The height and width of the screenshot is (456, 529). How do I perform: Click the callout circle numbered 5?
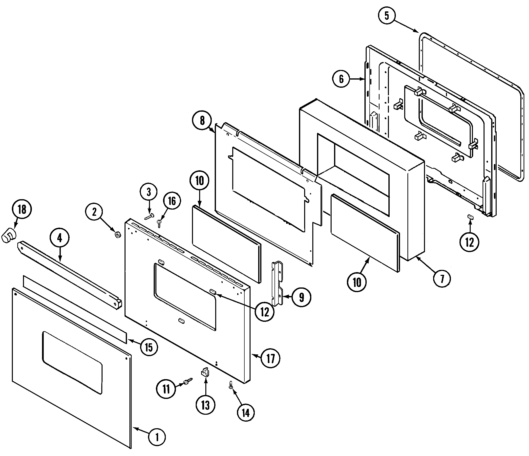pyautogui.click(x=387, y=16)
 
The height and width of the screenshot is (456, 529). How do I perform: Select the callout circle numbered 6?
pyautogui.click(x=341, y=79)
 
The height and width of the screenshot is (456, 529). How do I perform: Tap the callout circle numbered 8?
pyautogui.click(x=202, y=121)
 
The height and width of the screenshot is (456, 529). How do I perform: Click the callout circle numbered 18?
pyautogui.click(x=22, y=210)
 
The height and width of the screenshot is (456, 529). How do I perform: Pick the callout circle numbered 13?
pyautogui.click(x=206, y=405)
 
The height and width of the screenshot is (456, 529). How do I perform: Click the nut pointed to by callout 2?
pyautogui.click(x=118, y=234)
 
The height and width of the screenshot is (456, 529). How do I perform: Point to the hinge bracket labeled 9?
pyautogui.click(x=278, y=283)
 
